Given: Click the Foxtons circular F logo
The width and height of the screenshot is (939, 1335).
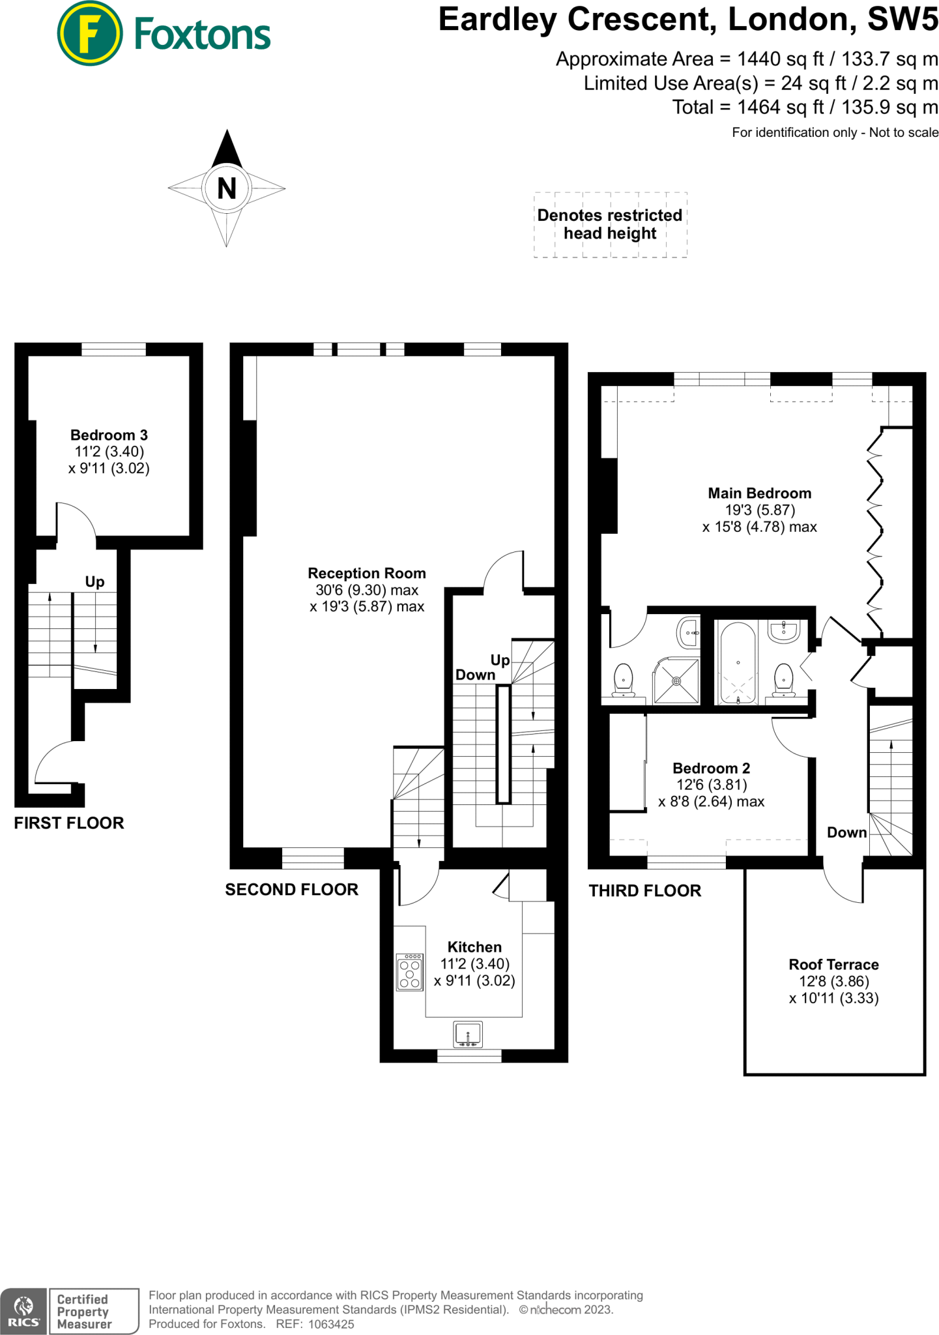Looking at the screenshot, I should coord(89,34).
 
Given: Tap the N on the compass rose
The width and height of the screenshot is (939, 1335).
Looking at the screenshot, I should coord(226,188).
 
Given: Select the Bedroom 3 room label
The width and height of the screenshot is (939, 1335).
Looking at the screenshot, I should coord(109,435).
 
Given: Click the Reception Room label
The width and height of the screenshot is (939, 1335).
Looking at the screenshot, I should coord(366,573).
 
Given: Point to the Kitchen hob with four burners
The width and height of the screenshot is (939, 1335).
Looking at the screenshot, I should coord(409,973).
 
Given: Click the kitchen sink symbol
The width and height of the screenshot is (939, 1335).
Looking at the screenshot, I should coord(468,1034).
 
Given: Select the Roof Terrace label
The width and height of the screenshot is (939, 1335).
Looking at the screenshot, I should coord(833,964).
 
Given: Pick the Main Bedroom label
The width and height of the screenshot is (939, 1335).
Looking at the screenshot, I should coord(759,493).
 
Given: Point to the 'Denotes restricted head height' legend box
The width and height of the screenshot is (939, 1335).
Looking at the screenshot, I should coord(610,224).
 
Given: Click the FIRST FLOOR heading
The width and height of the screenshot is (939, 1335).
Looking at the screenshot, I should coord(69,823).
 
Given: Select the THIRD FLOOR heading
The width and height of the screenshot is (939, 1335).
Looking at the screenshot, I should coord(644,890).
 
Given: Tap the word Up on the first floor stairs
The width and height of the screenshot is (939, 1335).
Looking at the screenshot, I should coord(94,581).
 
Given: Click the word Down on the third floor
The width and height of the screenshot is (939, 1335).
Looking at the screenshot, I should coord(846,832).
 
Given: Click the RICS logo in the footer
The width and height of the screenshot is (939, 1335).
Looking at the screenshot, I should coord(23,1310).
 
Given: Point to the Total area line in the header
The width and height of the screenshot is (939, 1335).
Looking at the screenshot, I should coord(805,107).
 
